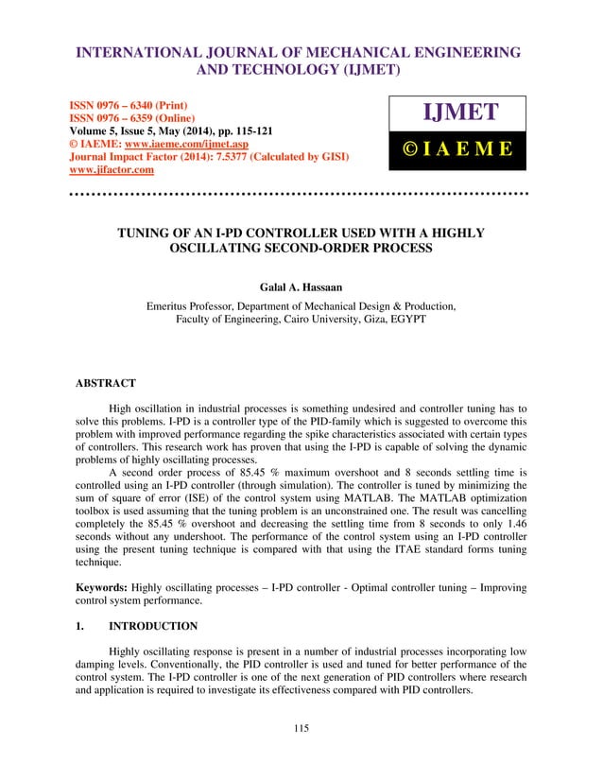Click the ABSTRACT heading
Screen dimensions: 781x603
pyautogui.click(x=105, y=383)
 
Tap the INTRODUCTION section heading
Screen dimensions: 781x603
pyautogui.click(x=153, y=626)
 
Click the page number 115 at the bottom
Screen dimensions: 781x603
pyautogui.click(x=301, y=727)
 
